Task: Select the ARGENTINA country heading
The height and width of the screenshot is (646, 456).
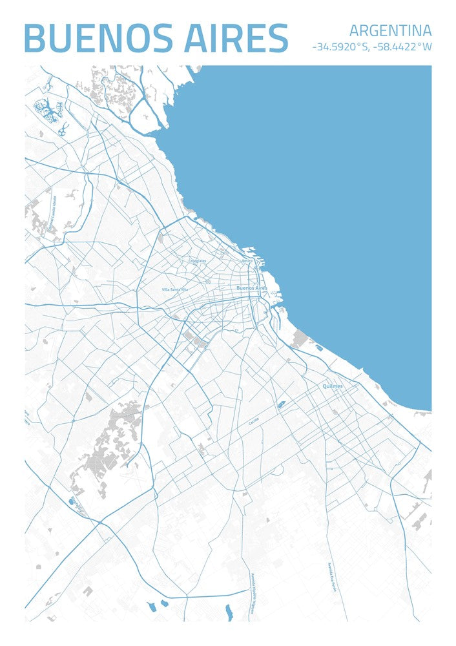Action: (390, 30)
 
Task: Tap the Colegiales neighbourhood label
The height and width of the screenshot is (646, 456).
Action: (197, 261)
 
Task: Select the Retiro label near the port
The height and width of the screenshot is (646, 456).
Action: (247, 260)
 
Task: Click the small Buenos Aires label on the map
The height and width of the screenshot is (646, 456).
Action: (252, 287)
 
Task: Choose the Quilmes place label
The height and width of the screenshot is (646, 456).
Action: (333, 386)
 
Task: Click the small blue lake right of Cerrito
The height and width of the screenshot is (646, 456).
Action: (282, 405)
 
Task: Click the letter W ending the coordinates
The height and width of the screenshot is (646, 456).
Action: (427, 47)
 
